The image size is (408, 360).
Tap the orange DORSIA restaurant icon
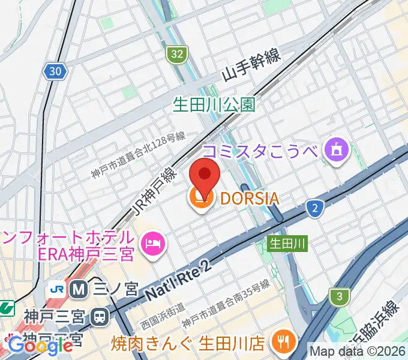(198, 199)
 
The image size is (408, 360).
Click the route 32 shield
(176, 55)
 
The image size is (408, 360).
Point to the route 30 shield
(55, 71)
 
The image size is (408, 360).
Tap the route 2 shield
(314, 207)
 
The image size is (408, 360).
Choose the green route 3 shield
(339, 296)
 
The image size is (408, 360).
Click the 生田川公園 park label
(214, 105)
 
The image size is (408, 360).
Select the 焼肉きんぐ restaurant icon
(280, 343)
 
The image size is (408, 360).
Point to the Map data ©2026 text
(358, 351)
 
